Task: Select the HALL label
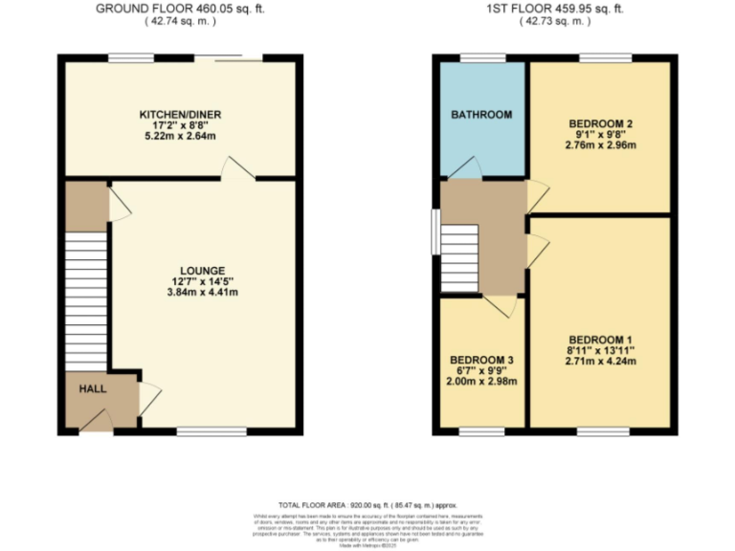point(93,388)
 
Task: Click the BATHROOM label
point(481,115)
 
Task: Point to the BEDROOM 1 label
point(600,339)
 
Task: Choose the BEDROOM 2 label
point(601,123)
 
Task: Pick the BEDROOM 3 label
point(481,360)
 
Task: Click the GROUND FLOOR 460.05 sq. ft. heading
point(181,9)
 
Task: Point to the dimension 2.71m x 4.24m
point(600,362)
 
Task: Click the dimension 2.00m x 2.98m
point(481,382)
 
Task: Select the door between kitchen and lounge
point(234,169)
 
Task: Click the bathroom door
point(466,168)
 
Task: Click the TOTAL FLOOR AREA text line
point(367,504)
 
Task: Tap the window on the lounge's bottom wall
point(204,431)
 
